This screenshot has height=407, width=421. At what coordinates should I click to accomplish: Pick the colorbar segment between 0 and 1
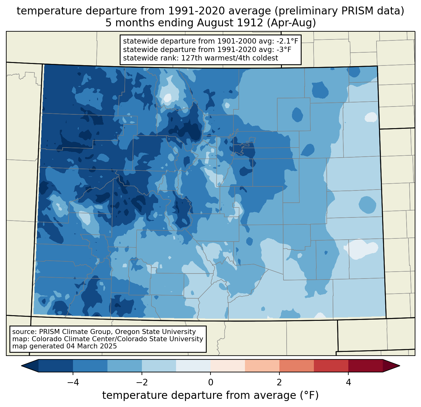(x=228, y=366)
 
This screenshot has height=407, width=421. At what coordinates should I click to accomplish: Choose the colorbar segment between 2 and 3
(x=297, y=366)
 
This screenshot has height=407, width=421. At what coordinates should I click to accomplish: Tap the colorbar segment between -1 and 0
(x=193, y=366)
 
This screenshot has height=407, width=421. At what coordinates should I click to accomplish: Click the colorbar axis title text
(x=210, y=395)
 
